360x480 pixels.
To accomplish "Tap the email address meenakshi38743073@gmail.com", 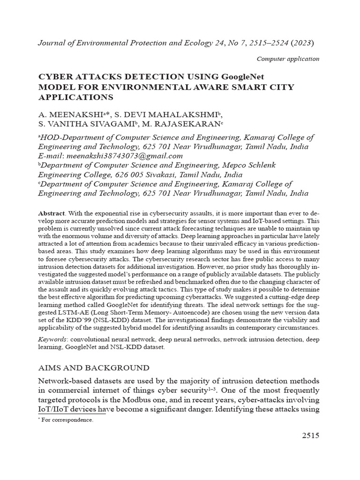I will click(x=125, y=156).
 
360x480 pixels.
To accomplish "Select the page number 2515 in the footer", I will click(x=309, y=435).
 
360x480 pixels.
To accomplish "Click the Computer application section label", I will click(x=288, y=59).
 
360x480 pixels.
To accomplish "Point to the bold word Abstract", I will click(x=51, y=213).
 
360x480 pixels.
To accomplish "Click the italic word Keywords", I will click(x=51, y=338).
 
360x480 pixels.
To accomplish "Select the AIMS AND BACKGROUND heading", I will click(x=94, y=367).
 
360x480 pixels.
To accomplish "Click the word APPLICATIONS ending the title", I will click(x=75, y=97).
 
